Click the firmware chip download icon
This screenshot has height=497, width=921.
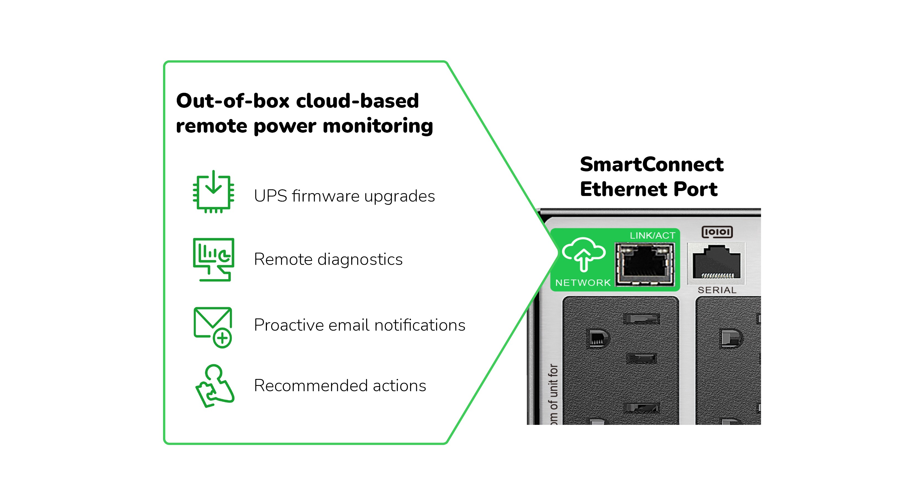point(213,192)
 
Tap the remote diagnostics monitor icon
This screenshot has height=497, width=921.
point(213,259)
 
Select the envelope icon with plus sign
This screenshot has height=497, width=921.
point(213,327)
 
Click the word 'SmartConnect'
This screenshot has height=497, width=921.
point(651,164)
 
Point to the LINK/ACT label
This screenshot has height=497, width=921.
point(652,236)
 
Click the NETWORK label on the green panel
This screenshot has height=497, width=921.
point(583,283)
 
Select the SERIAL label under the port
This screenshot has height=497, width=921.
point(717,290)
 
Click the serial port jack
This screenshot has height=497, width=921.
point(716,262)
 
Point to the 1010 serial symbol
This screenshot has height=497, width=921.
point(717,232)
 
